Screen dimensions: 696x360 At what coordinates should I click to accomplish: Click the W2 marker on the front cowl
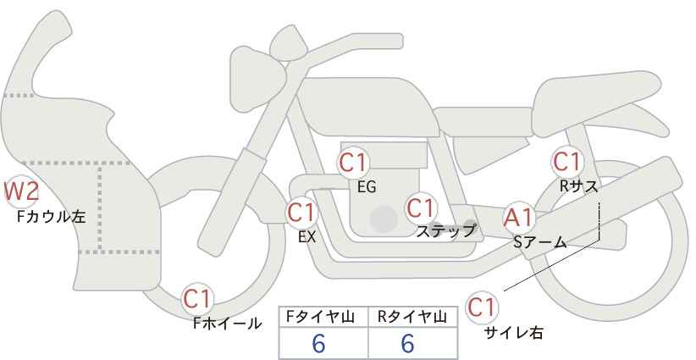pos(21,191)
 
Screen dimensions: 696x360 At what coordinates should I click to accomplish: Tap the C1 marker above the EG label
pos(353,163)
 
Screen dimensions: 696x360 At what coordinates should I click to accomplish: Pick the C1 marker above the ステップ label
pos(421,208)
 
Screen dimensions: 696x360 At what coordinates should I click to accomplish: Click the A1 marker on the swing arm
pos(519,218)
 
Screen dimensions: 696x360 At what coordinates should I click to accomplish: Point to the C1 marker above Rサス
pos(567,162)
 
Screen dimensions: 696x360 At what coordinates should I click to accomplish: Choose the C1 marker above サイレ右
pos(482,307)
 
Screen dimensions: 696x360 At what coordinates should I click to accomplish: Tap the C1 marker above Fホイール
pos(198,298)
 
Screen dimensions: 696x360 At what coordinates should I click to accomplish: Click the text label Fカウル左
pos(52,217)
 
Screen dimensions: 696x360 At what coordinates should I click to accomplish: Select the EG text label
pos(367,187)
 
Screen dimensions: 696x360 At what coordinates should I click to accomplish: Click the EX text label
pos(307,237)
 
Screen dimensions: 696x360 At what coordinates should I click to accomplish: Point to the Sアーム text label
pos(540,242)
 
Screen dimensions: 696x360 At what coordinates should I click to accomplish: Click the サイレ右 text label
pos(514,333)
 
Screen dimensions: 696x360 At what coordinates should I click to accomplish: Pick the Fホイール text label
pos(228,324)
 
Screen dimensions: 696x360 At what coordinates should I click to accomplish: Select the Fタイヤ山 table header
pos(320,317)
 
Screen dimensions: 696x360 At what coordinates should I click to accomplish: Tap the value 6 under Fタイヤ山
pos(318,343)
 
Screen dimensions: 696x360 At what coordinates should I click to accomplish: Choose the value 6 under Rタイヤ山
pos(407,343)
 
